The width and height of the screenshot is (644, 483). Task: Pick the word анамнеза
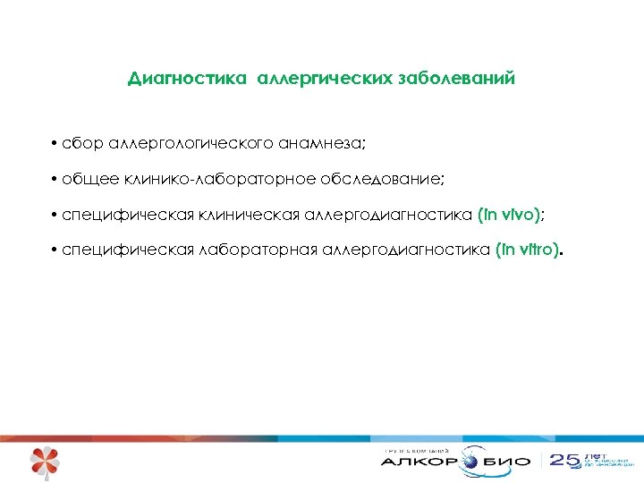click(322, 144)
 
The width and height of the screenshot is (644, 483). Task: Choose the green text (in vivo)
click(509, 216)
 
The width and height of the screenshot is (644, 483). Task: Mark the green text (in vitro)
click(528, 251)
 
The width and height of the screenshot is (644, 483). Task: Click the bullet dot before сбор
click(55, 144)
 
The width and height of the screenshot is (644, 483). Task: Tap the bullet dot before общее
click(55, 180)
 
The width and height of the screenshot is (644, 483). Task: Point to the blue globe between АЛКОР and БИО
click(471, 462)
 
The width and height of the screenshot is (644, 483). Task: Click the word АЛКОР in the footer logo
click(419, 462)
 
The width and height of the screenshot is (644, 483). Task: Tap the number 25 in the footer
click(564, 462)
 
